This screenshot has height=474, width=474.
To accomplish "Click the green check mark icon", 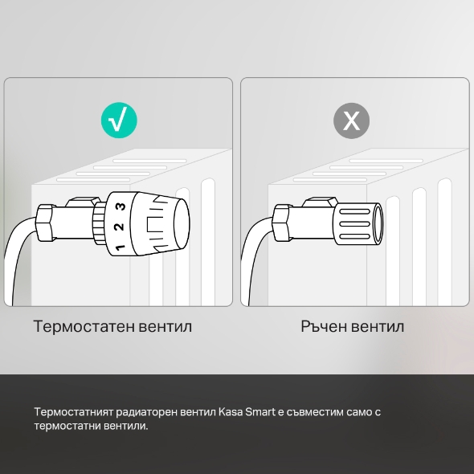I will [x=118, y=121].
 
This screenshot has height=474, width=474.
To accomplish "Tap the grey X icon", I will [x=352, y=121].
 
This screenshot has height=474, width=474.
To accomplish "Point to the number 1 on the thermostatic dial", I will [x=119, y=246].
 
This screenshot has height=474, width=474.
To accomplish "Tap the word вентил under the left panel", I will [x=165, y=327].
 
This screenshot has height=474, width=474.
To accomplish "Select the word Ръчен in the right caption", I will [x=322, y=327].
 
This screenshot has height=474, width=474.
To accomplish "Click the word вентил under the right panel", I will [x=377, y=327].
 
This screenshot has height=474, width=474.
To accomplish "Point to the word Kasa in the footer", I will [x=230, y=411].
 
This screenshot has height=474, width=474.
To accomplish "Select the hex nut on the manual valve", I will [x=284, y=223].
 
